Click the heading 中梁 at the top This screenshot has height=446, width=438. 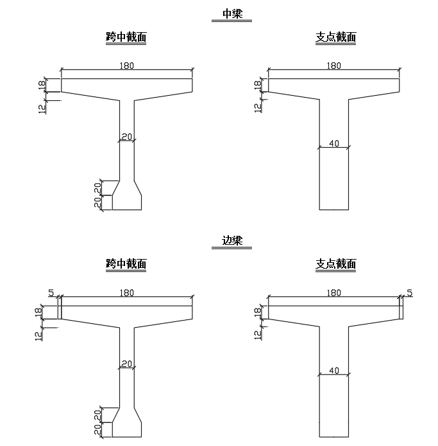tap(232, 14)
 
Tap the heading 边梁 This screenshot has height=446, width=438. tap(232, 242)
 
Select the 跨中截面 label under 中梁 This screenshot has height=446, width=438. tap(126, 37)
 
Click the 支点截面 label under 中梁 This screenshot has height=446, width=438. tap(336, 37)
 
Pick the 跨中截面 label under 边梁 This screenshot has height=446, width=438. tap(126, 264)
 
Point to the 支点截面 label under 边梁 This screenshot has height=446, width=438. tap(336, 264)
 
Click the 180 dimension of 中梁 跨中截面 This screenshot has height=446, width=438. tap(127, 66)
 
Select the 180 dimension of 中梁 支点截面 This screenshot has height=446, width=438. tap(334, 66)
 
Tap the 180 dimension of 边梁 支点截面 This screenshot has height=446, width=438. tap(334, 293)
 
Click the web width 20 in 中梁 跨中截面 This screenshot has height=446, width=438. tap(126, 136)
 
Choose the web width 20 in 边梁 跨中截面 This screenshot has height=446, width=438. tap(126, 364)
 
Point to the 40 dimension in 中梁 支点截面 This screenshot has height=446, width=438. tap(334, 143)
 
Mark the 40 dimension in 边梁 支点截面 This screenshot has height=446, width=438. tap(334, 371)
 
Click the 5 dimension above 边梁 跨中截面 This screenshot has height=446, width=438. tap(51, 293)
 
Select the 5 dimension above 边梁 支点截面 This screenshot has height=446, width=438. tap(410, 293)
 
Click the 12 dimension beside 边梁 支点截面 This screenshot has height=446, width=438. tap(258, 334)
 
